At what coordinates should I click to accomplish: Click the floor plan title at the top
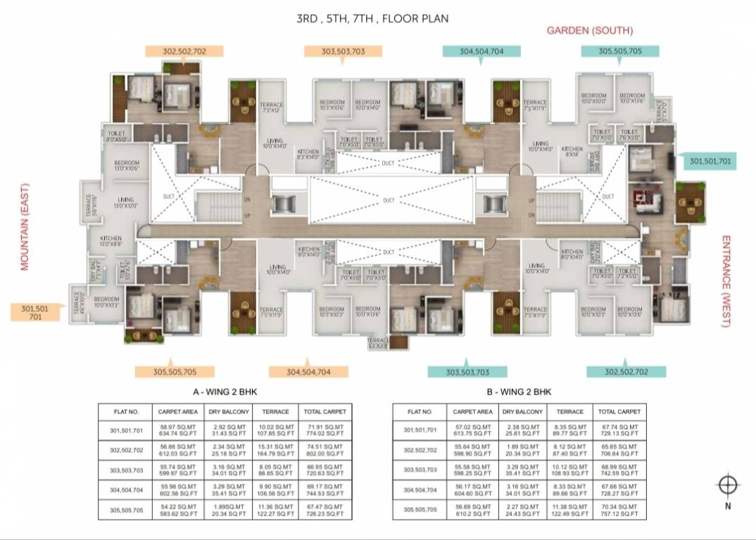pyautogui.click(x=372, y=18)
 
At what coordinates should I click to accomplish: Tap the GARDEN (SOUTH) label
pyautogui.click(x=590, y=30)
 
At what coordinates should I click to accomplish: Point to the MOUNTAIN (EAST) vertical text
pyautogui.click(x=23, y=224)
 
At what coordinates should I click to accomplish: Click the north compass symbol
pyautogui.click(x=728, y=486)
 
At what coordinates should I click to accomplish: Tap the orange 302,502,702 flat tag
pyautogui.click(x=184, y=51)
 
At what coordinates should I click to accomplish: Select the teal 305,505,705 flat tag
pyautogui.click(x=620, y=51)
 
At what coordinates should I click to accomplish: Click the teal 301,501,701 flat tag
pyautogui.click(x=710, y=162)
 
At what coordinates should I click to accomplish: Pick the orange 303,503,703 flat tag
pyautogui.click(x=344, y=51)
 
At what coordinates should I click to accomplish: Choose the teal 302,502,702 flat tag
pyautogui.click(x=626, y=371)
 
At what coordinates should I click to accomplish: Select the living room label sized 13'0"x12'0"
pyautogui.click(x=127, y=202)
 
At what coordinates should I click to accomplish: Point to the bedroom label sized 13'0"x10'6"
pyautogui.click(x=127, y=166)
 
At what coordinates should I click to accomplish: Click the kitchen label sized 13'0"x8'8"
pyautogui.click(x=111, y=241)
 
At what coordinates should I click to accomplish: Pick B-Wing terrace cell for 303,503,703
pyautogui.click(x=569, y=470)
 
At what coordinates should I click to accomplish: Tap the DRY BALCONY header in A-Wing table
pyautogui.click(x=227, y=411)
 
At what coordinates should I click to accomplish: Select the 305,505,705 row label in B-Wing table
pyautogui.click(x=420, y=509)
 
